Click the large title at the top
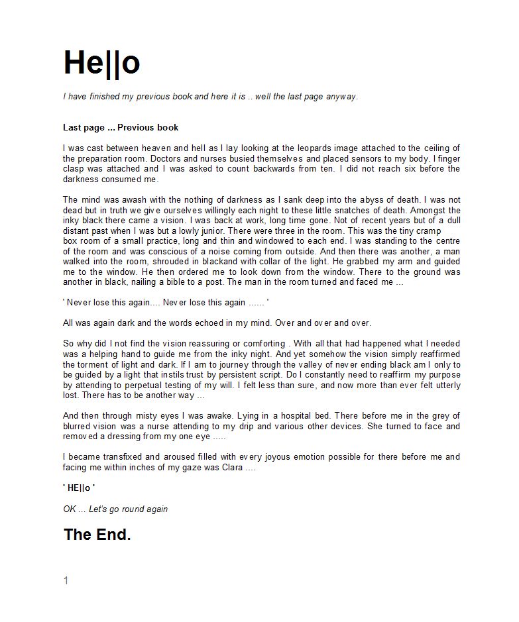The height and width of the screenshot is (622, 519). (x=101, y=63)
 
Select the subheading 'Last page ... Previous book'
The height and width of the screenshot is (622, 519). (x=121, y=127)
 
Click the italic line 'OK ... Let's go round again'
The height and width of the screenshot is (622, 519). (x=115, y=509)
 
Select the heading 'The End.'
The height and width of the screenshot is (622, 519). (x=97, y=535)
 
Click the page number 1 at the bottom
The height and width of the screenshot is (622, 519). (x=66, y=581)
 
